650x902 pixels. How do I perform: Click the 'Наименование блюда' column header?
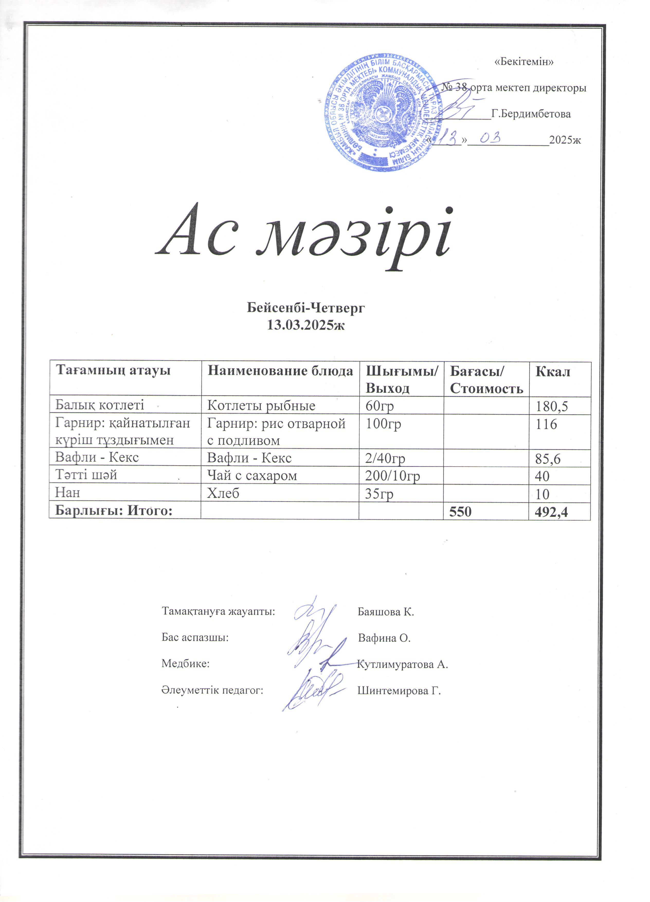(280, 371)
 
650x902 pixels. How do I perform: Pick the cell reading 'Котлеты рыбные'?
(261, 405)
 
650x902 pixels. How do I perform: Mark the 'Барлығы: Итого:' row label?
(114, 511)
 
